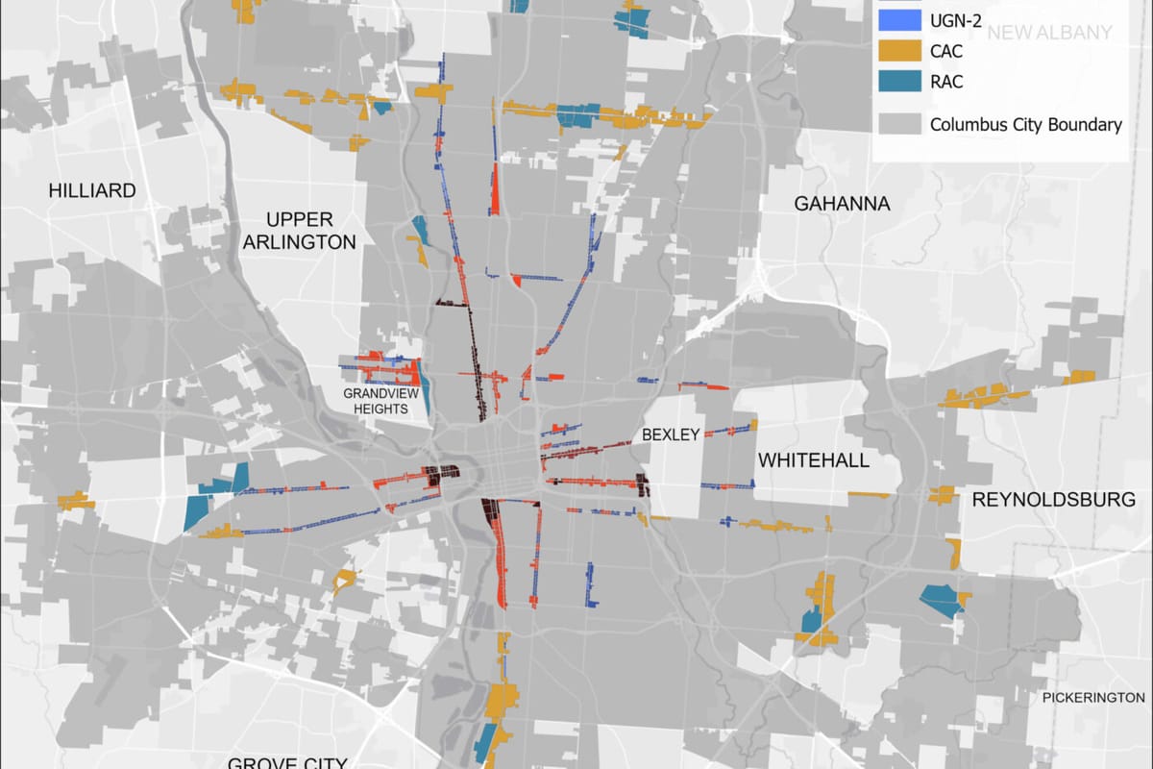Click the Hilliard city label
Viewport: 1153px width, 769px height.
92,190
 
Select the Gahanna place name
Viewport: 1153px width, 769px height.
842,204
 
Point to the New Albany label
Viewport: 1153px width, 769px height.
1049,33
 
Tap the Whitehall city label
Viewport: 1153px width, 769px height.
814,460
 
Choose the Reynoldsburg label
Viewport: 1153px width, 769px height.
1053,499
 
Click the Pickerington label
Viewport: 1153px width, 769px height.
1093,697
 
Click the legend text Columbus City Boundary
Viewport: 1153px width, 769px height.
1025,125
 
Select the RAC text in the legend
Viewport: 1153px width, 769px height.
946,83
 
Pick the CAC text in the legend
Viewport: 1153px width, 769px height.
946,51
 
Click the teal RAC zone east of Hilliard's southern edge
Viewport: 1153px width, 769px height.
196,509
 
